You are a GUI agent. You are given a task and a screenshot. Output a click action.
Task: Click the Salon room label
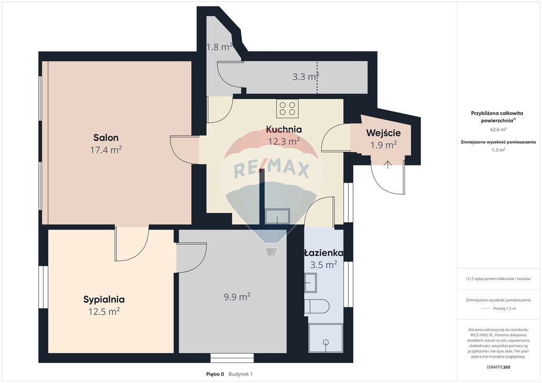106,138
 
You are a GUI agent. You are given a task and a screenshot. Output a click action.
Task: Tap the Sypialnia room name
104,299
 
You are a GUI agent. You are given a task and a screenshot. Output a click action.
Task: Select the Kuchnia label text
284,129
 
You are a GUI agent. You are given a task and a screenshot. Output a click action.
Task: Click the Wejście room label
383,133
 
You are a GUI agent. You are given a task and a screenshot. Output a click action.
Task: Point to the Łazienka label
323,253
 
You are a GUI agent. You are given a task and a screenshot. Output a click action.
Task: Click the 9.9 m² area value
237,297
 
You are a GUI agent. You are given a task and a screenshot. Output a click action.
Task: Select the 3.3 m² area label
305,77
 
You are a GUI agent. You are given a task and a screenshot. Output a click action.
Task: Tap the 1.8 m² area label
219,47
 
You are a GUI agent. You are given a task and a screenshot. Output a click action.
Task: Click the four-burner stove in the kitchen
287,108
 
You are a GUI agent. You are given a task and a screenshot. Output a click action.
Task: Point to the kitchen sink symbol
277,216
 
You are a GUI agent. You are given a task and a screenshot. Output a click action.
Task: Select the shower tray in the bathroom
326,338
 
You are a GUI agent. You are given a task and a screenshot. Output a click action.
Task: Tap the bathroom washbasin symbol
310,282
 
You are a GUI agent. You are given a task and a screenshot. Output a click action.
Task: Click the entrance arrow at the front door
388,165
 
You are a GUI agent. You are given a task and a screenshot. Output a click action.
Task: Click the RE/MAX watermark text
272,170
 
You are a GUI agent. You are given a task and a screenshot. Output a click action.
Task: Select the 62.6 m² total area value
497,130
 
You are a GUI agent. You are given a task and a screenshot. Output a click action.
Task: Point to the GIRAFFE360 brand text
497,367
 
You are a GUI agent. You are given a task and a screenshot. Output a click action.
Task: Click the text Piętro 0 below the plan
215,374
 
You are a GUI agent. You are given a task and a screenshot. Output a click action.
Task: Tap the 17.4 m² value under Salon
106,150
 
